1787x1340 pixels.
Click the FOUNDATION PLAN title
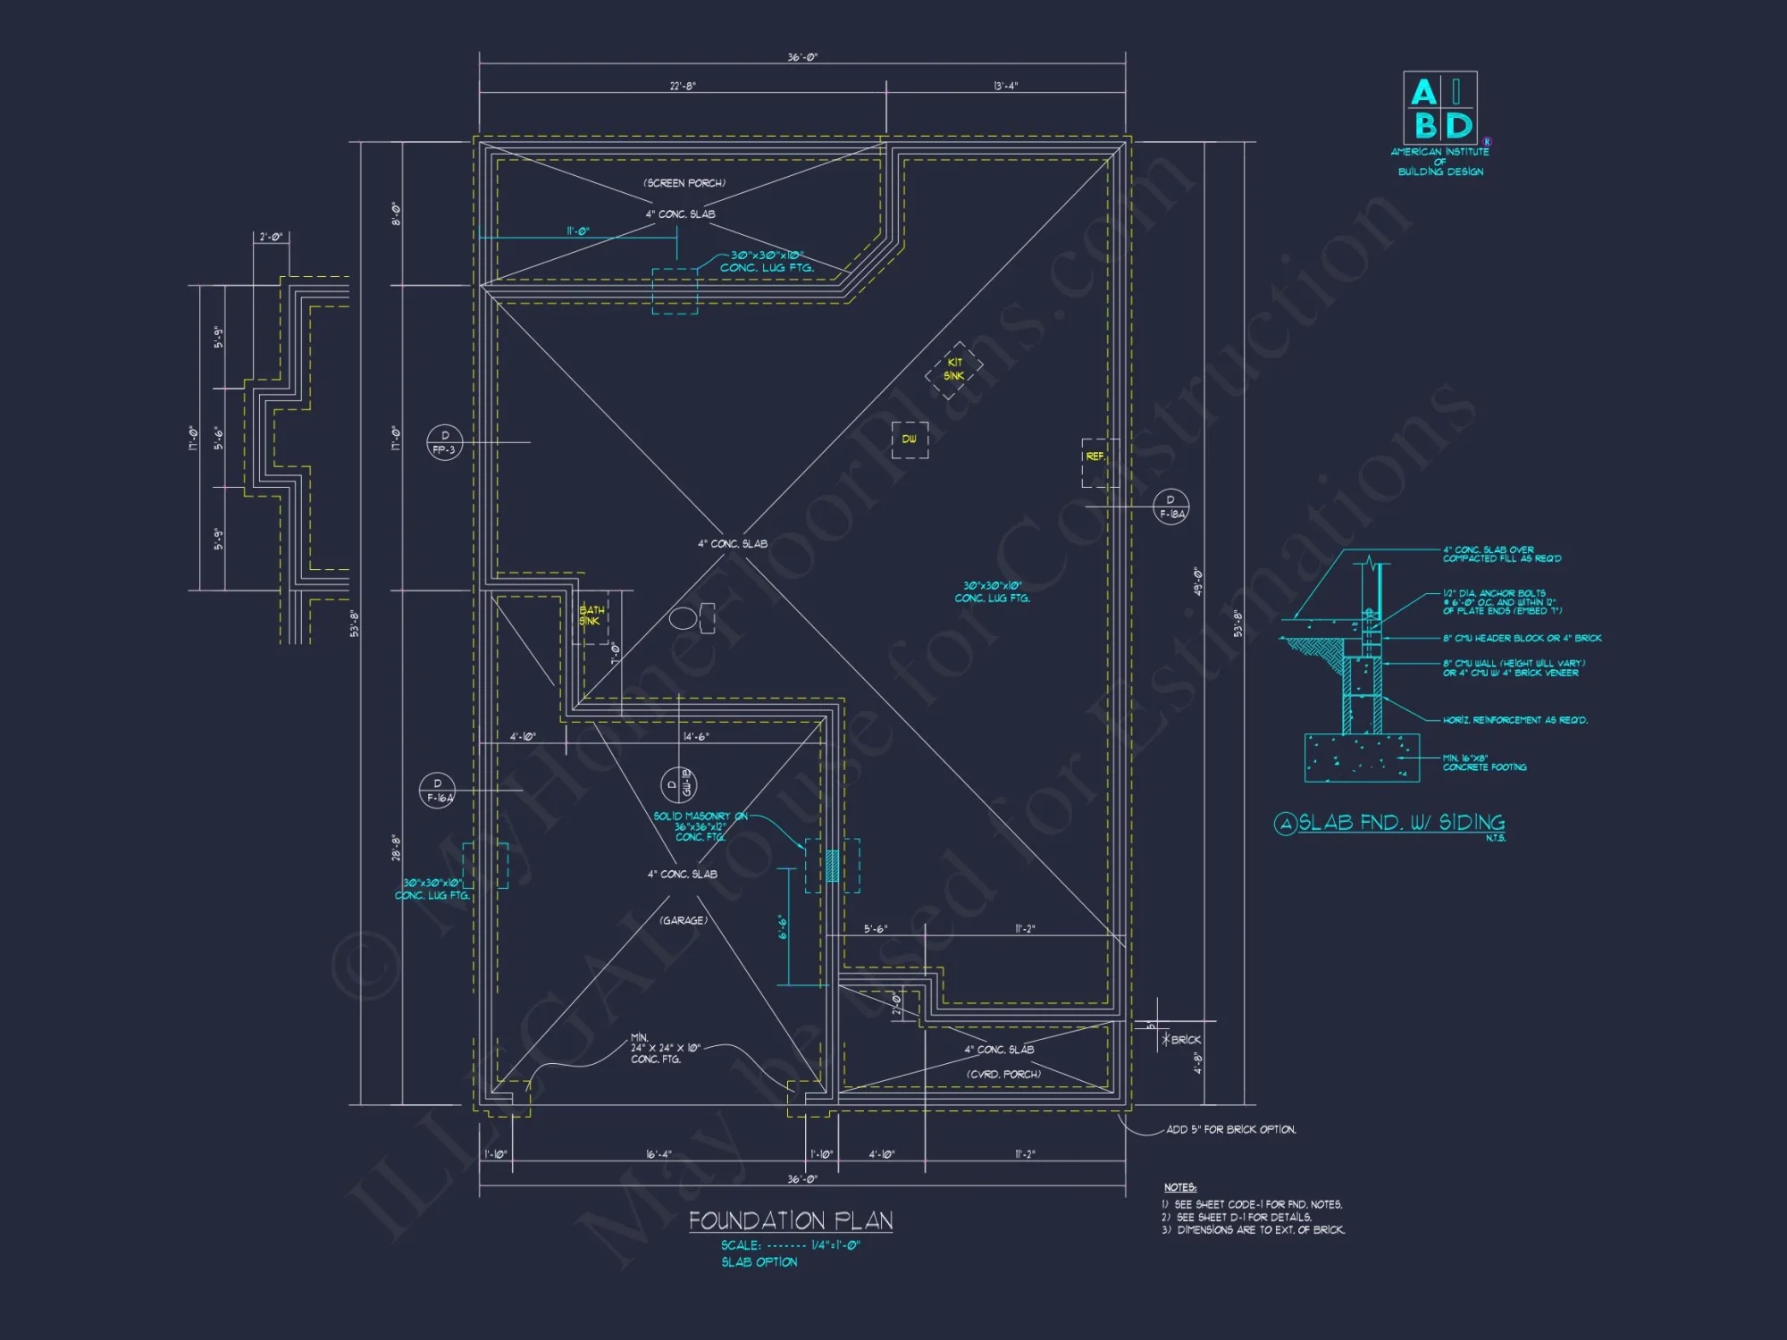(791, 1220)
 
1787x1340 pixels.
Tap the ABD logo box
(1439, 108)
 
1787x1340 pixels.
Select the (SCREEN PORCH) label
(684, 183)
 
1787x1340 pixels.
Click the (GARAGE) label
(684, 920)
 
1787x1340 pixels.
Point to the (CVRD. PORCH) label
(1003, 1074)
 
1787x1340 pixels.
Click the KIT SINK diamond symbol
(954, 369)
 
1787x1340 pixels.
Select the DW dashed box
(910, 440)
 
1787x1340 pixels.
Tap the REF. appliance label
(1095, 456)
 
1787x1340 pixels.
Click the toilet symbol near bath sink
(691, 617)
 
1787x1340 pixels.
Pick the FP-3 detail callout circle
(444, 442)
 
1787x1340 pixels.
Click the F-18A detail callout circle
(1170, 507)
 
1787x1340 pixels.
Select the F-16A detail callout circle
(437, 791)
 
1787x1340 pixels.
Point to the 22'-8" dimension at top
(683, 86)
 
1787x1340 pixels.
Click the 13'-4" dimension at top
(1005, 86)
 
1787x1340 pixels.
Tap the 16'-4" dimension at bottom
(659, 1154)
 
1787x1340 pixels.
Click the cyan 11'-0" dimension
(578, 231)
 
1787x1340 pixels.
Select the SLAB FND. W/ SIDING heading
(1400, 823)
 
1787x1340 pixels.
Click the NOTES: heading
(1179, 1187)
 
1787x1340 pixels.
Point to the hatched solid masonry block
(832, 866)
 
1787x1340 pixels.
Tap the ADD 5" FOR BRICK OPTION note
(1230, 1129)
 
